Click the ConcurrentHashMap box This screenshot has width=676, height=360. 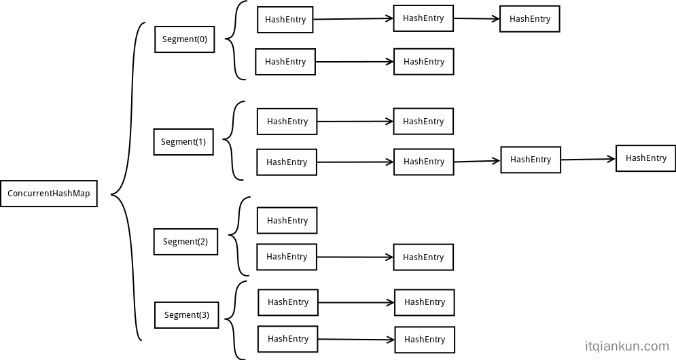(49, 194)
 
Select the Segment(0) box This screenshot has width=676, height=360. (185, 39)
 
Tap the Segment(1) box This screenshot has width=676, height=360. (183, 142)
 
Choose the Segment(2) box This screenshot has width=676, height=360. (185, 242)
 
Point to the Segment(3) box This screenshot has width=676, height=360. (187, 315)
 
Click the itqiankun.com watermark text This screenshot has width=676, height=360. (626, 346)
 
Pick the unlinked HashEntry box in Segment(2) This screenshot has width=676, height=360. (287, 221)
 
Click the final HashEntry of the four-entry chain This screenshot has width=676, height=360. (645, 158)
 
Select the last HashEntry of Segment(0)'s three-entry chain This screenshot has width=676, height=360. (530, 19)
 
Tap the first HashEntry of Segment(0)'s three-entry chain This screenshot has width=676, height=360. (285, 20)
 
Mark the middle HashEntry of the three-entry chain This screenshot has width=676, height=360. (423, 18)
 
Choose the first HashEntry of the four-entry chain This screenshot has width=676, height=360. (287, 162)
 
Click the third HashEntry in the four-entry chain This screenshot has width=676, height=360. (531, 160)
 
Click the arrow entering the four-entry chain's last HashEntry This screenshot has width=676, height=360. (588, 160)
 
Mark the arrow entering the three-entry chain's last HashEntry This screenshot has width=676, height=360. (476, 19)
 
